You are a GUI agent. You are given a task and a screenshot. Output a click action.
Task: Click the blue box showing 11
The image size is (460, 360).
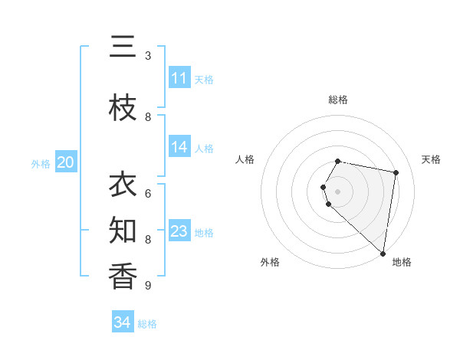click(x=179, y=78)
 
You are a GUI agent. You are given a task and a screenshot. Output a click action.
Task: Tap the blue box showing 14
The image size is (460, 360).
click(x=179, y=148)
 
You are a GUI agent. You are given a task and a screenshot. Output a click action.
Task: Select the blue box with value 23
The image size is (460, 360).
click(x=179, y=231)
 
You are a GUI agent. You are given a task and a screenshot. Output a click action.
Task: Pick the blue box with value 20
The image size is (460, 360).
click(x=66, y=162)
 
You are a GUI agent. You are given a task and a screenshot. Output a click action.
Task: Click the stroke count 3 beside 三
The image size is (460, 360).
click(x=148, y=56)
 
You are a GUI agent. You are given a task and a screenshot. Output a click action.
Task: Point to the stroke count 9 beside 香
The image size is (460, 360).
click(x=148, y=286)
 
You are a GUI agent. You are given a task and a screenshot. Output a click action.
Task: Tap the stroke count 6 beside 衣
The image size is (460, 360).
click(x=148, y=194)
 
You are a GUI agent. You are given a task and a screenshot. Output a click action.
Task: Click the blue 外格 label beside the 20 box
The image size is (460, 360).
click(x=41, y=163)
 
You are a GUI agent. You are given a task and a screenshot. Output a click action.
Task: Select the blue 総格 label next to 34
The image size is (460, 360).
click(x=147, y=323)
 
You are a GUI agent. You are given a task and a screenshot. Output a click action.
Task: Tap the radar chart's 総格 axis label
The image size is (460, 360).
click(x=338, y=100)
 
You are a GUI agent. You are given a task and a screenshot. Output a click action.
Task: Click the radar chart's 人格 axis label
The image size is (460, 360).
click(x=245, y=159)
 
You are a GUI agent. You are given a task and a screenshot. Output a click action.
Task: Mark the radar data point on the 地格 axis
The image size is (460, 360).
click(x=383, y=253)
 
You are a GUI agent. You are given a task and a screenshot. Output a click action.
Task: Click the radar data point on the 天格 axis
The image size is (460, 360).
click(x=396, y=172)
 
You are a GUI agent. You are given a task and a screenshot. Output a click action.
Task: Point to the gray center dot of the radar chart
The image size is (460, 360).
click(x=338, y=191)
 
